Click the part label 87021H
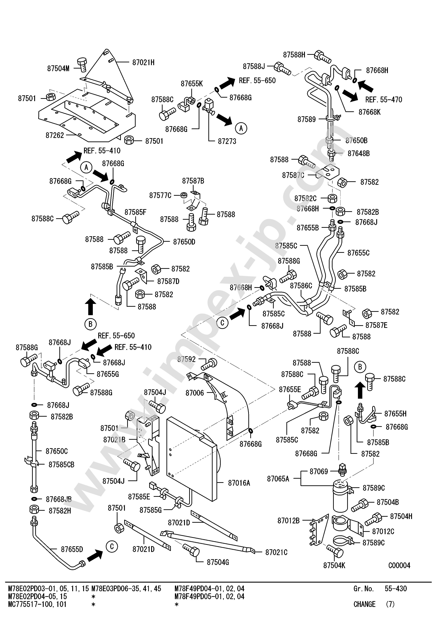point(143,62)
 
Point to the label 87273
point(227,141)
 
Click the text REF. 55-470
point(383,100)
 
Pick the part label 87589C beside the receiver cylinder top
point(373,488)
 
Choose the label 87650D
point(184,242)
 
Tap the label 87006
point(195,393)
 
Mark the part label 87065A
point(278,479)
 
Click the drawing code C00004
point(399,565)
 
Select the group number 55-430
point(396,588)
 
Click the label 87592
point(186,359)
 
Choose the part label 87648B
point(358,153)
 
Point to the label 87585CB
point(61,464)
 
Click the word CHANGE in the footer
point(364,604)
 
